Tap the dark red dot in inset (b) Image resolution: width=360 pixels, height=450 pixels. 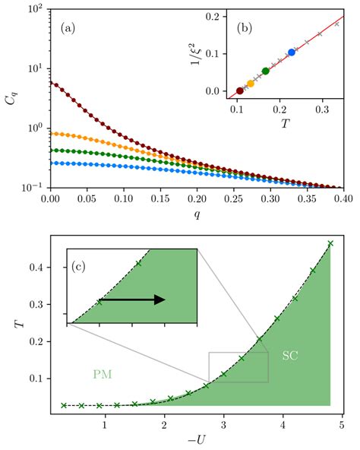pyautogui.click(x=240, y=90)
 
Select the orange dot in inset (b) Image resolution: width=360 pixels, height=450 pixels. pyautogui.click(x=251, y=84)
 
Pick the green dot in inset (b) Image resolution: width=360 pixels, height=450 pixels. pyautogui.click(x=266, y=71)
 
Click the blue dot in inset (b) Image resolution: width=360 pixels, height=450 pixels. pyautogui.click(x=292, y=52)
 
